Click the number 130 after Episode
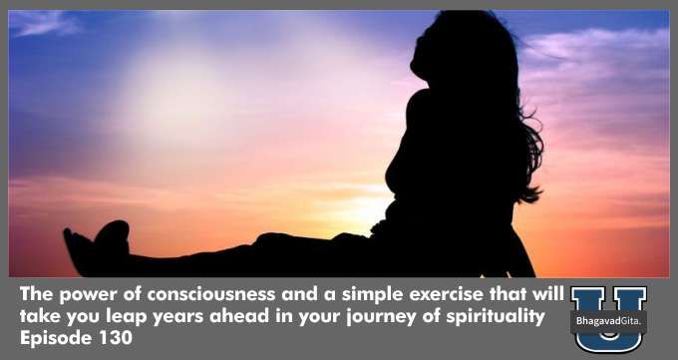[x=116, y=338]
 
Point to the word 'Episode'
[x=58, y=338]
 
